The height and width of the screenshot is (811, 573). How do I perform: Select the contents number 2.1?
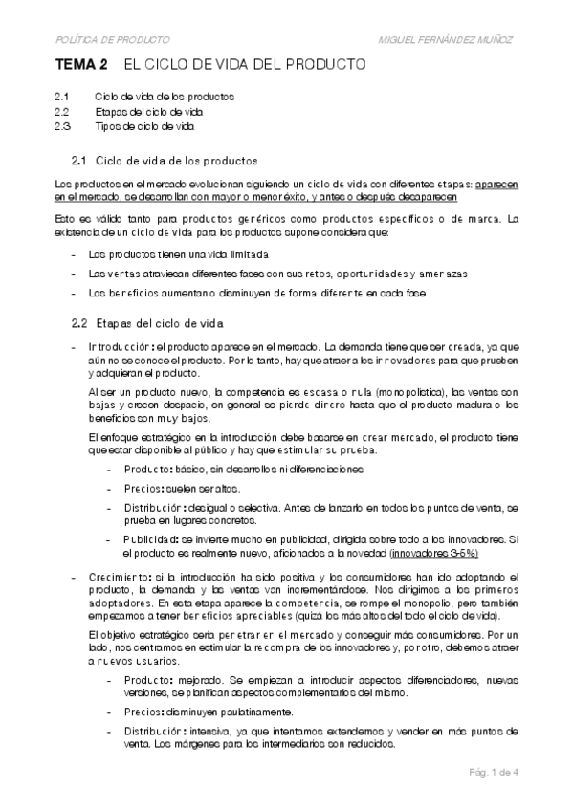[x=62, y=97]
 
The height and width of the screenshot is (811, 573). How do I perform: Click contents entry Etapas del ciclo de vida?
[x=149, y=111]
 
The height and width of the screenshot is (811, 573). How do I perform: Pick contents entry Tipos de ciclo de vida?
[x=144, y=125]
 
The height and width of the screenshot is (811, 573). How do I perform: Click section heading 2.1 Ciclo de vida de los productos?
[x=165, y=159]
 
